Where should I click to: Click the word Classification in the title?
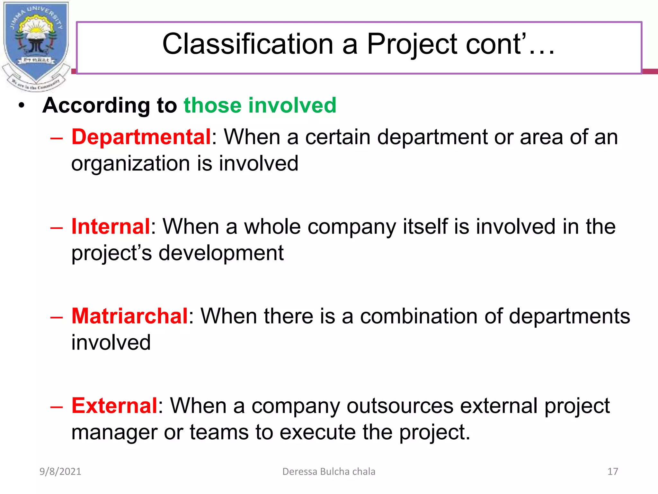click(248, 44)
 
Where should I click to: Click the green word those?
click(212, 105)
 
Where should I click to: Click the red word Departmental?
click(141, 137)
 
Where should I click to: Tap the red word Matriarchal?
click(129, 316)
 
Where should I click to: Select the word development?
click(221, 253)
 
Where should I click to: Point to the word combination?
click(419, 316)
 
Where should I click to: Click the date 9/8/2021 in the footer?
click(60, 471)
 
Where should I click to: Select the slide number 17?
click(613, 471)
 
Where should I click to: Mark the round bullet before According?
click(22, 106)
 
